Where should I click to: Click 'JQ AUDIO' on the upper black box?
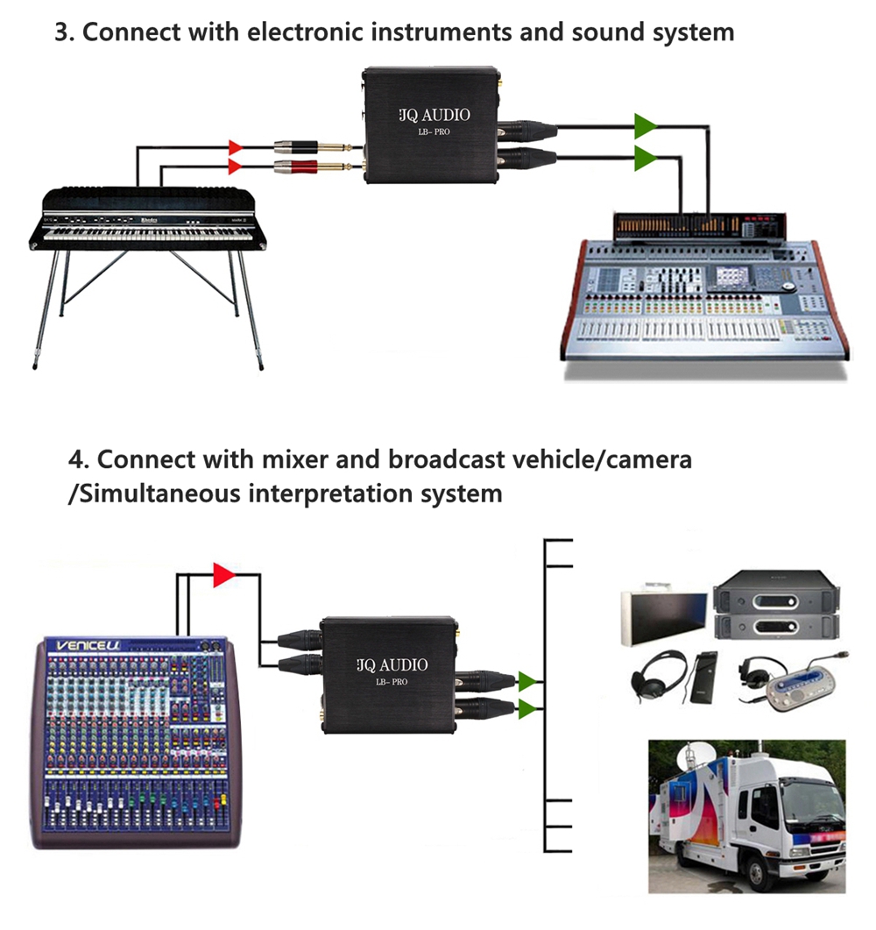tap(434, 115)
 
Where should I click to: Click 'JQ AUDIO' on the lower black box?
tap(391, 664)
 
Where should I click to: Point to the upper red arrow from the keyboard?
tap(236, 146)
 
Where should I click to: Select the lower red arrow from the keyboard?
tap(236, 166)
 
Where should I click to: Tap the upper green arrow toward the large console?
tap(646, 125)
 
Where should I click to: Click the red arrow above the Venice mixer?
tap(223, 575)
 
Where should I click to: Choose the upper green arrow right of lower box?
tap(527, 680)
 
